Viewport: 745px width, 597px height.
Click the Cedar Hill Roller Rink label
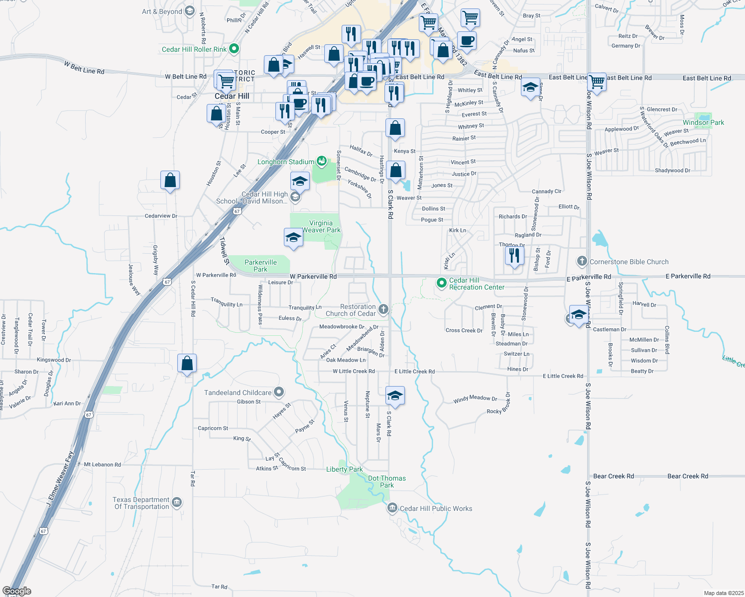[x=194, y=49]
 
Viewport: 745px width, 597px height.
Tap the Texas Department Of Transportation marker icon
[x=177, y=503]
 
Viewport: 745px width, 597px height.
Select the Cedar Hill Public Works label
[x=436, y=508]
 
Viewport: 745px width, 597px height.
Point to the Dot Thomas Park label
[x=387, y=482]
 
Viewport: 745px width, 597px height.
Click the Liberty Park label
[x=344, y=469]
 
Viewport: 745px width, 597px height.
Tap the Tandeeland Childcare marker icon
[x=279, y=393]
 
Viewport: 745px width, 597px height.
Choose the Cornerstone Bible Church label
[x=629, y=262]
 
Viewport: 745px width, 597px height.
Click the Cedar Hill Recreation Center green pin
[x=441, y=283]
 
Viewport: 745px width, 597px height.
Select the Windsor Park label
[x=703, y=122]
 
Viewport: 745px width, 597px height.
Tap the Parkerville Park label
[x=260, y=266]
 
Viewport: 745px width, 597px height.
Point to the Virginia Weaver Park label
[x=321, y=226]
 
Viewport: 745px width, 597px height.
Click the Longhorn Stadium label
[x=286, y=162]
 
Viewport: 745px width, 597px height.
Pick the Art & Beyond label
[x=162, y=11]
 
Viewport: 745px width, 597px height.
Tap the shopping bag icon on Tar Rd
[x=187, y=363]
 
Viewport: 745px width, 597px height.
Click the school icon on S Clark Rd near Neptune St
[x=395, y=396]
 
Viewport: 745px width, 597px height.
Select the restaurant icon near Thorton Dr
[x=514, y=255]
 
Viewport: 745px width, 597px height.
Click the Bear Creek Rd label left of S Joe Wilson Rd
[x=614, y=476]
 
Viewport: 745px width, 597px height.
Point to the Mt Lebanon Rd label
[x=102, y=464]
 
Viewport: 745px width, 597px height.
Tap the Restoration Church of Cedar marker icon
[x=383, y=309]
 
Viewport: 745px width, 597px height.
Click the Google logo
[x=17, y=591]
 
